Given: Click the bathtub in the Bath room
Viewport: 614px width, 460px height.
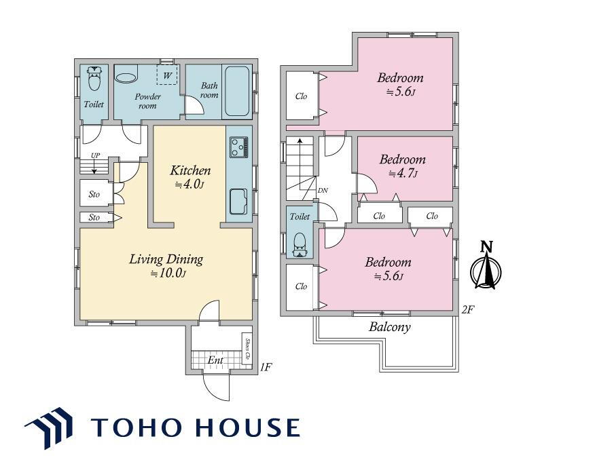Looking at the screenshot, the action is click(x=237, y=91).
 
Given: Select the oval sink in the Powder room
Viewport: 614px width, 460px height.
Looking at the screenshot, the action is click(x=126, y=77).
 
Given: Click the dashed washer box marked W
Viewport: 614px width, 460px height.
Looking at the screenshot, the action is click(x=167, y=75).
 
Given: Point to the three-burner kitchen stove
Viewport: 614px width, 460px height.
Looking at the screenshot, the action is click(x=238, y=147).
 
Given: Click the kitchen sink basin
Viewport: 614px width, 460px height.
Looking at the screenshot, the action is click(x=238, y=201).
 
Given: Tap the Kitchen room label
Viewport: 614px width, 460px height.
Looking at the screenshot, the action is click(x=190, y=170).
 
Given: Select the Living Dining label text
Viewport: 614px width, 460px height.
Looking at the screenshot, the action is click(x=166, y=259).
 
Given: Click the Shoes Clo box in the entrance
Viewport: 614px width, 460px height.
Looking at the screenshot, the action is click(x=247, y=349).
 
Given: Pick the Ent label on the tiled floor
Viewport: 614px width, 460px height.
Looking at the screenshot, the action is click(x=215, y=360).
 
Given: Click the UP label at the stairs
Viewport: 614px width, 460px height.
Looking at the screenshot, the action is click(x=95, y=155).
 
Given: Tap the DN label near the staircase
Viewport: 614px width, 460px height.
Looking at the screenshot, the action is click(x=323, y=191).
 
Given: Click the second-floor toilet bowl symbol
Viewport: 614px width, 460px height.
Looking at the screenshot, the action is click(x=300, y=244).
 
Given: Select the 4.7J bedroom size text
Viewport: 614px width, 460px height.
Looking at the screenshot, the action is click(x=403, y=173).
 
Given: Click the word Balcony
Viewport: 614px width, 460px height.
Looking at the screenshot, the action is click(x=390, y=326).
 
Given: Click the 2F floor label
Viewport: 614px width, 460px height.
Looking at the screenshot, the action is click(x=468, y=310).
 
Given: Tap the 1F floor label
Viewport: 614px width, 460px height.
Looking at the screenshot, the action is click(x=266, y=367).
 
